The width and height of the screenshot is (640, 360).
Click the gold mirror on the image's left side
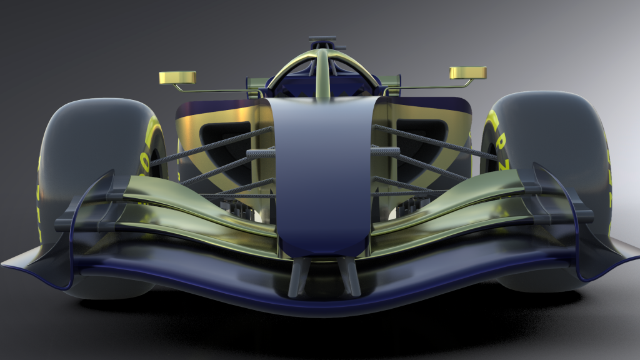[x=177, y=77]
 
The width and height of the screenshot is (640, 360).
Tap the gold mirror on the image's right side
[x=467, y=72]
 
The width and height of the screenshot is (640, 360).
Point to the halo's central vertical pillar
[x=322, y=75]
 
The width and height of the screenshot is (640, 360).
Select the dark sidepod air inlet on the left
[x=225, y=141]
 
